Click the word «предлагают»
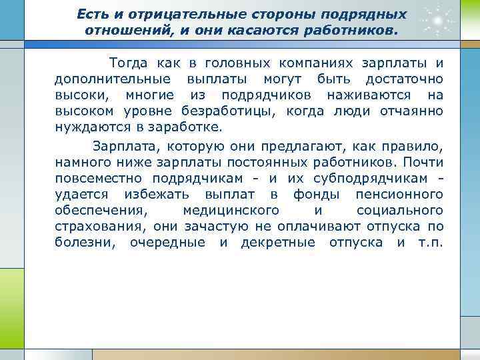point(302,146)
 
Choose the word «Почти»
point(423,162)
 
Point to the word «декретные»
point(278,242)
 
